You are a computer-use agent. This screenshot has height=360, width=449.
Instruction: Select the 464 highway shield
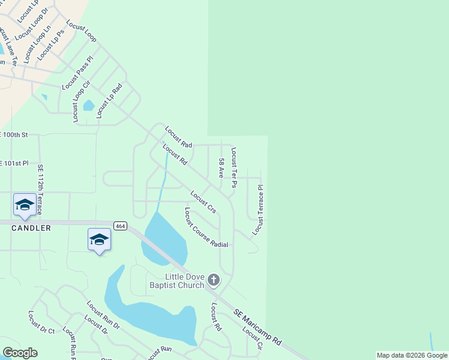click(119, 226)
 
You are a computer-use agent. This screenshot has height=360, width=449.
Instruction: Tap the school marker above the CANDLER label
click(25, 205)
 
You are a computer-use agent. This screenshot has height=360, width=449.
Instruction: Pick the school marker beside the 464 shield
click(99, 240)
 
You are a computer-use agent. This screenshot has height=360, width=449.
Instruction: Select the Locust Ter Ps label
click(234, 168)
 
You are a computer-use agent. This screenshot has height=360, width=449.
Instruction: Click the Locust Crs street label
click(203, 202)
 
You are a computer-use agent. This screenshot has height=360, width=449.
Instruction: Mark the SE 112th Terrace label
click(40, 190)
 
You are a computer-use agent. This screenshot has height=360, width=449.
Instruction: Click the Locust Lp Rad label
click(109, 101)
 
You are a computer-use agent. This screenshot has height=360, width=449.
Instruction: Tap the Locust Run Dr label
click(103, 316)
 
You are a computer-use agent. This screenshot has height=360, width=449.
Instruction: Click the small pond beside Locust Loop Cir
click(89, 106)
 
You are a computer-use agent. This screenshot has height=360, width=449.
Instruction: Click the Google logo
click(20, 353)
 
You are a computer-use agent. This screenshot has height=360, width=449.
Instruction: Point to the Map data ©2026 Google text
click(412, 356)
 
